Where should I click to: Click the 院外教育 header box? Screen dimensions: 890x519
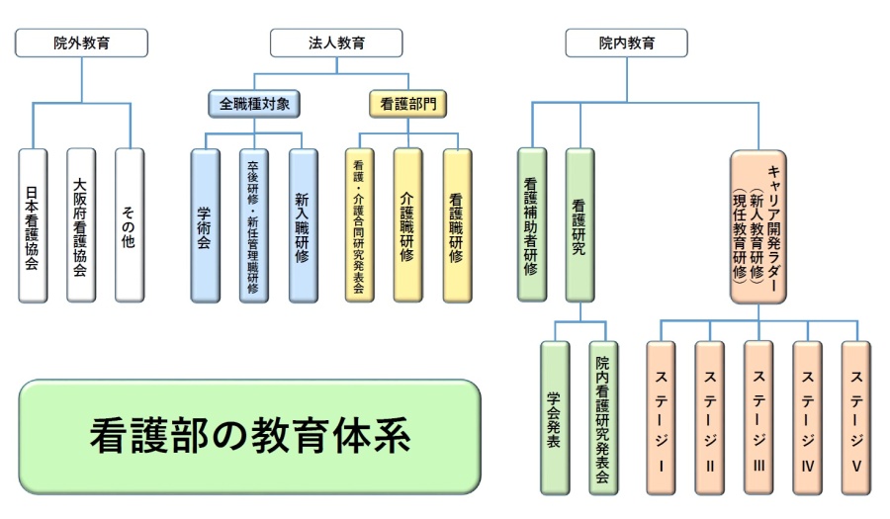(x=81, y=43)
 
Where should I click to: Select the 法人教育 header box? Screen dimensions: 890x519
(x=336, y=43)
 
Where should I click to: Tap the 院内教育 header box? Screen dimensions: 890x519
(x=627, y=43)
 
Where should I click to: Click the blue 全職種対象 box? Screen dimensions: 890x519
(x=254, y=104)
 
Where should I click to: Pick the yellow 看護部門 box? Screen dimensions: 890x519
(x=408, y=104)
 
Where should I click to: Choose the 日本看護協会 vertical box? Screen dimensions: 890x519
(x=33, y=225)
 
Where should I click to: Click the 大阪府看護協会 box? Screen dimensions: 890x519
(x=81, y=225)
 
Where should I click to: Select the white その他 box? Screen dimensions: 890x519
(x=130, y=225)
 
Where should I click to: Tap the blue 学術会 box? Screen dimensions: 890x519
(x=206, y=225)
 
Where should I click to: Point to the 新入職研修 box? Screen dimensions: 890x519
(x=304, y=225)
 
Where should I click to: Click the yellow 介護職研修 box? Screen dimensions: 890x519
(x=408, y=225)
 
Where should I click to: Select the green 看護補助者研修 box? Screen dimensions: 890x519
(x=532, y=224)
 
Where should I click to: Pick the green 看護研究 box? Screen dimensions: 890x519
(x=580, y=224)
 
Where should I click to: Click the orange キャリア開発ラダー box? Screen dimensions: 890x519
(x=758, y=227)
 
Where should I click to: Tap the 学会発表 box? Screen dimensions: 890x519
(x=555, y=418)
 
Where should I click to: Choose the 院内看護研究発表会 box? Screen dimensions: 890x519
(x=604, y=418)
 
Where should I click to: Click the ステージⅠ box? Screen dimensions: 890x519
(x=662, y=418)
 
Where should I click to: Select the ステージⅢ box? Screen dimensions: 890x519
(x=758, y=418)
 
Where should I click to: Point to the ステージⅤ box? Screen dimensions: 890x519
(x=856, y=418)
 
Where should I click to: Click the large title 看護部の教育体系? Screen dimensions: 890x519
(x=250, y=437)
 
